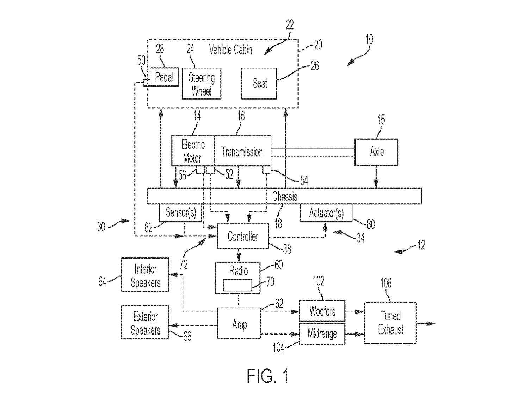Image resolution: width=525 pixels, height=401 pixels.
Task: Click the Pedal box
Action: (x=164, y=77)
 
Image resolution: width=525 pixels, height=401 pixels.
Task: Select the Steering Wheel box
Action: (x=202, y=84)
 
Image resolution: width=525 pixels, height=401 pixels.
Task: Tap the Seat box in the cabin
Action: (x=259, y=84)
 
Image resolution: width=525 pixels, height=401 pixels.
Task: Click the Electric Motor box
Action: (x=193, y=151)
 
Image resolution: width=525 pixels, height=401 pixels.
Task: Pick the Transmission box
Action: (x=242, y=151)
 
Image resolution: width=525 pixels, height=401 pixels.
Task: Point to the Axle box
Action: (x=376, y=152)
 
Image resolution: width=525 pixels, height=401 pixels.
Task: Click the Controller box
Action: (x=242, y=236)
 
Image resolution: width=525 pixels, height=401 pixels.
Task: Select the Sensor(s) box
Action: (x=180, y=213)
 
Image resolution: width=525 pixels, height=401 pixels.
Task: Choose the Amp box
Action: (x=239, y=324)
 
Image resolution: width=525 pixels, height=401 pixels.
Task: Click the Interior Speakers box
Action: (x=145, y=275)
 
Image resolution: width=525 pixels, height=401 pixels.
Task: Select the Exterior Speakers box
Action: (x=145, y=323)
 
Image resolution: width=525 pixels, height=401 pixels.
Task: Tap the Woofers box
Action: (x=322, y=311)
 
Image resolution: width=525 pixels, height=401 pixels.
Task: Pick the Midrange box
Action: (x=322, y=333)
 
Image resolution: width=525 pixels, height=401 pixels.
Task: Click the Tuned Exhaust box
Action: (x=390, y=323)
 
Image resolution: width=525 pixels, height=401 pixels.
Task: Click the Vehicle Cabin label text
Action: (x=231, y=50)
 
